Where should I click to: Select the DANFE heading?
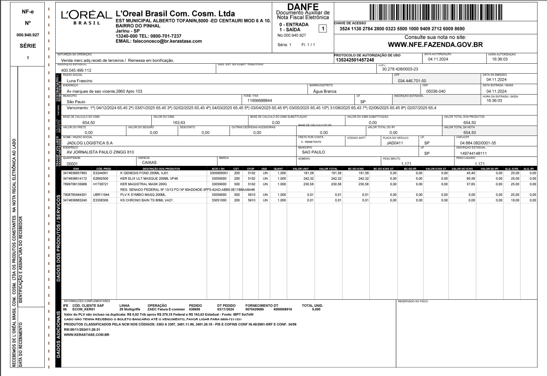303,6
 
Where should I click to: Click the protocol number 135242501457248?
355,60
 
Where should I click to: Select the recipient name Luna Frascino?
80,81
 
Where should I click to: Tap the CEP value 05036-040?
435,91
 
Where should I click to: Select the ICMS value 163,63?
179,123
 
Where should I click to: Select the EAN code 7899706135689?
75,184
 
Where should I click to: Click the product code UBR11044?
100,195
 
